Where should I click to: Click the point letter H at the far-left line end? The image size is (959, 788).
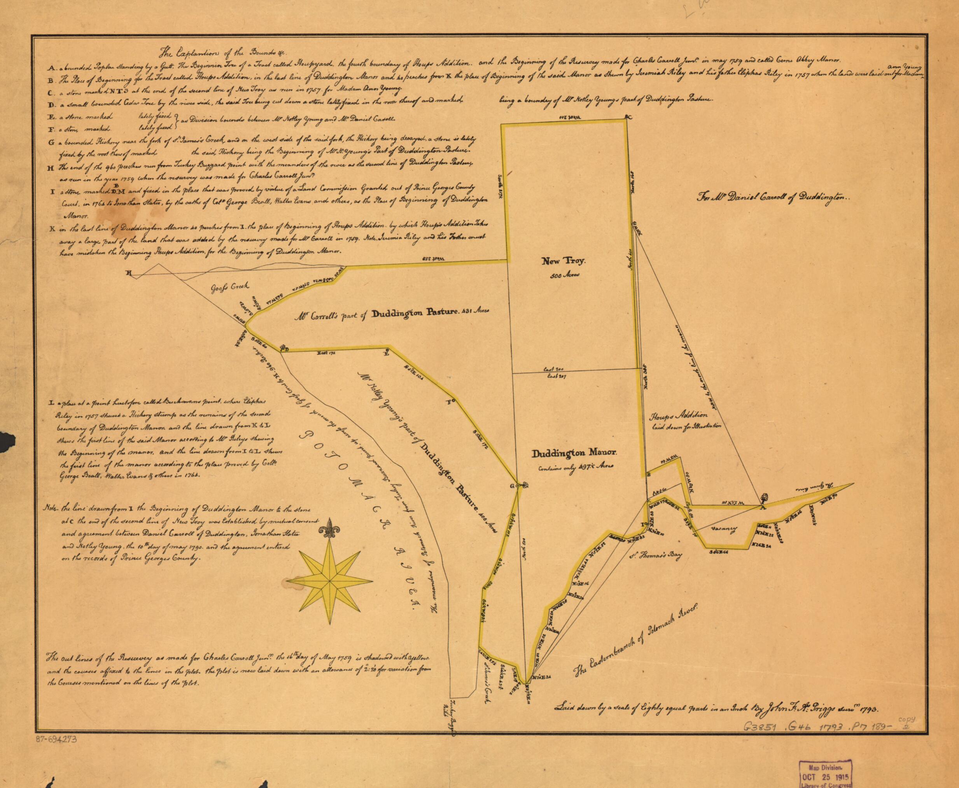pos(128,273)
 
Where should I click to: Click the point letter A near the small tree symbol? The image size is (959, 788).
pos(763,508)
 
